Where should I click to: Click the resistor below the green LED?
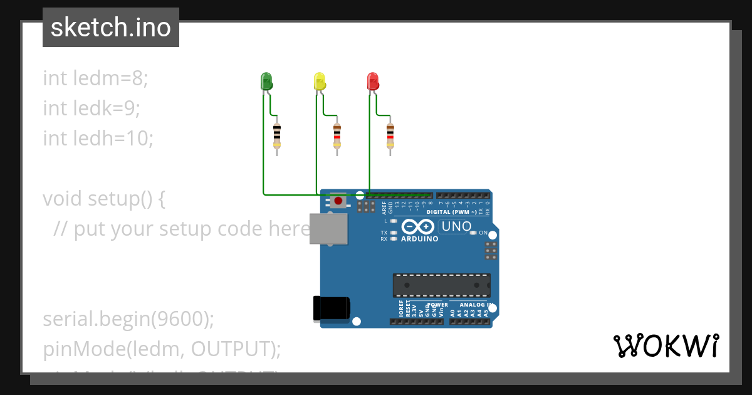tap(277, 134)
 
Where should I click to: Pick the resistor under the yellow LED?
tap(337, 134)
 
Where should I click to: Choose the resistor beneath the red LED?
tap(390, 134)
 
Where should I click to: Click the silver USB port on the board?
tap(329, 228)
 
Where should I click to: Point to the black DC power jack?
tap(330, 309)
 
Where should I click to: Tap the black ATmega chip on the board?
tap(441, 285)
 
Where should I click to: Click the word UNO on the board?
tap(456, 226)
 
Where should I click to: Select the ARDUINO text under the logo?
tap(420, 239)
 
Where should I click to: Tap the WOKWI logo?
tap(666, 346)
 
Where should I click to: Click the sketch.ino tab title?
tap(111, 28)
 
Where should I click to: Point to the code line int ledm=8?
tap(95, 78)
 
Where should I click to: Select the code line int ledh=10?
tap(98, 138)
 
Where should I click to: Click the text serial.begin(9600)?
tap(128, 319)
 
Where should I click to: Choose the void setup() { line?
tap(104, 199)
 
